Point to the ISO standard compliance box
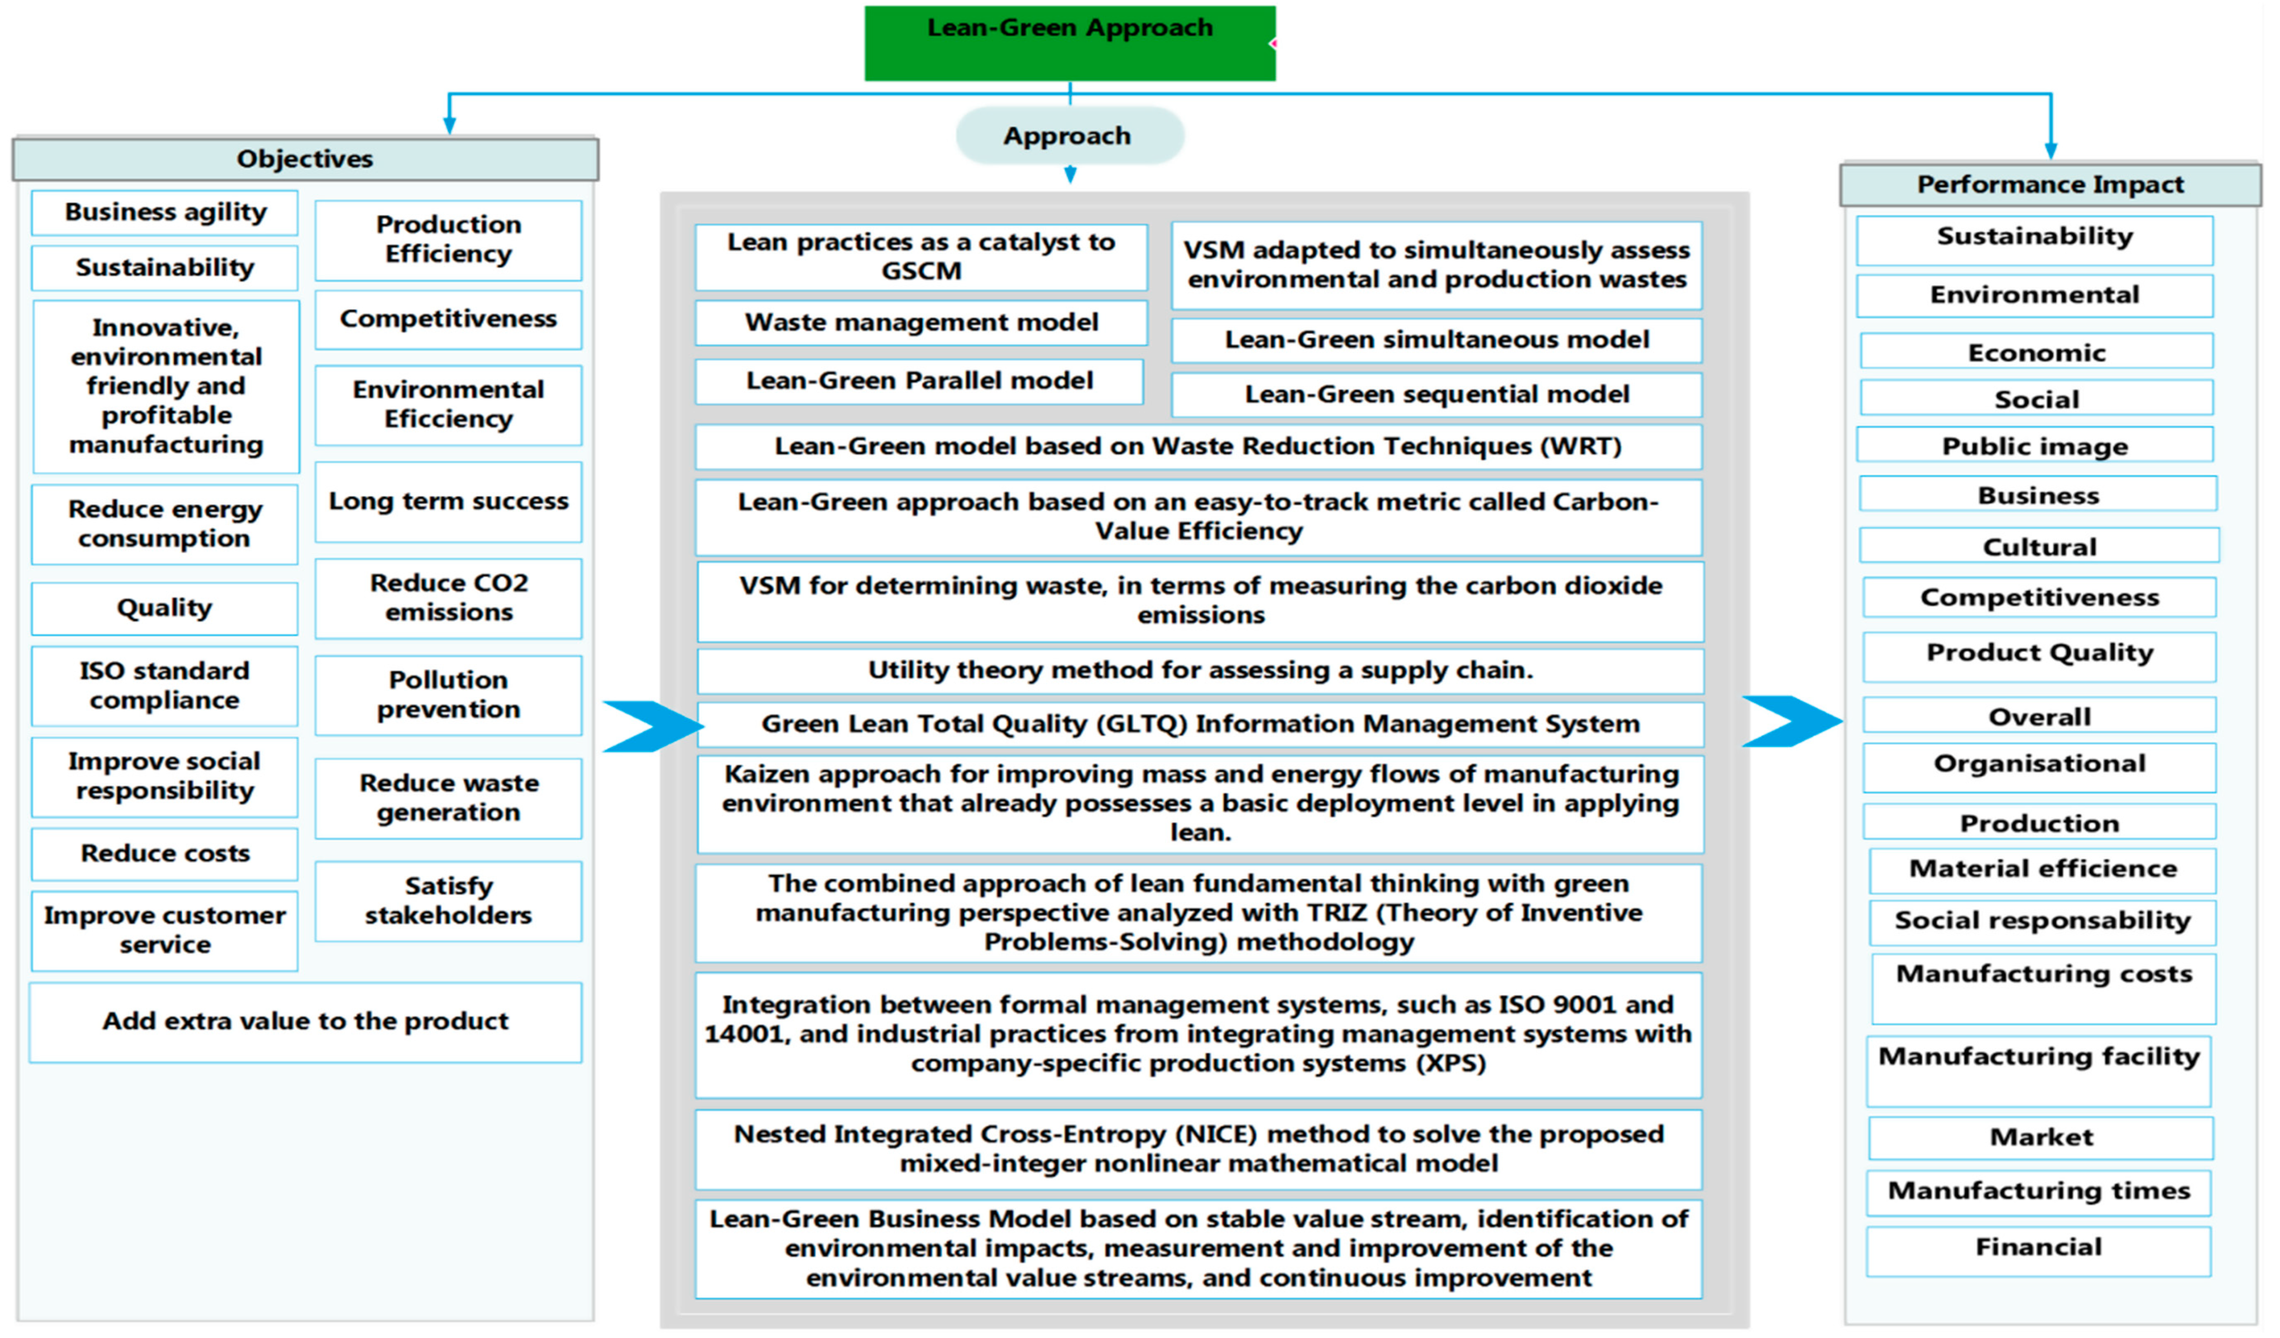pyautogui.click(x=164, y=685)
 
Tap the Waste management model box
pyautogui.click(x=920, y=323)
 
